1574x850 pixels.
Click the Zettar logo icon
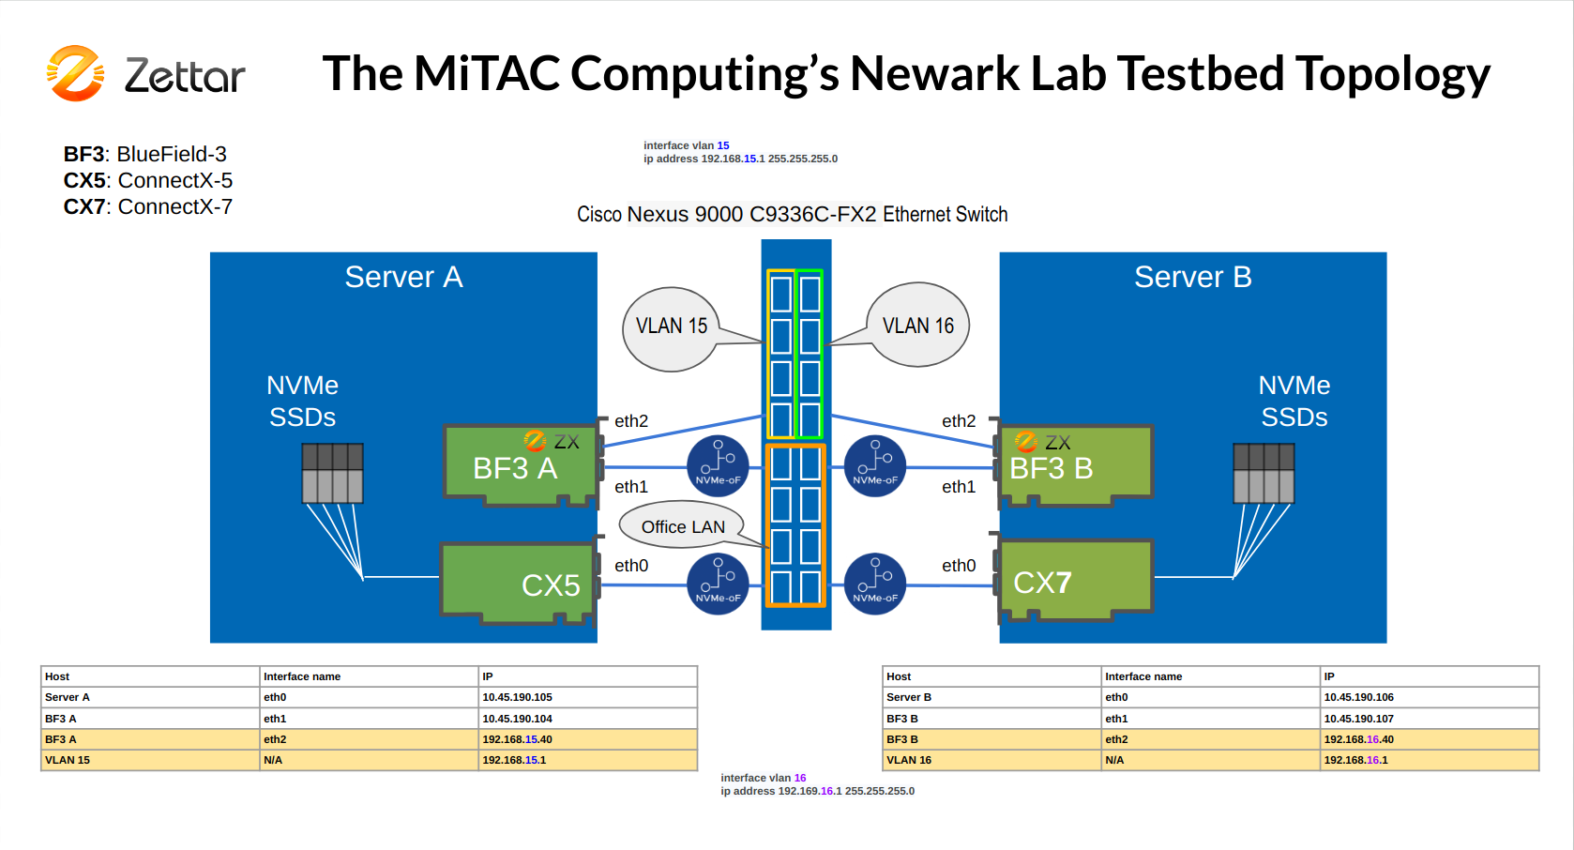click(x=75, y=73)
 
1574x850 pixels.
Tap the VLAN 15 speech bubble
click(x=671, y=329)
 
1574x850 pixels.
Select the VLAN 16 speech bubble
click(x=917, y=325)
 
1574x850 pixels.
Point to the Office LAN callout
click(x=682, y=525)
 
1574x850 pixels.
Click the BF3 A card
click(x=521, y=464)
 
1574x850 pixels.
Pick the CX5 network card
click(x=519, y=583)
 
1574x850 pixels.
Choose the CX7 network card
click(x=1075, y=581)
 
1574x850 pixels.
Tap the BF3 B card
click(x=1075, y=464)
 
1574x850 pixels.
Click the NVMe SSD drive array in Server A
click(x=332, y=473)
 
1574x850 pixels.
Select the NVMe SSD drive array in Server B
click(x=1264, y=473)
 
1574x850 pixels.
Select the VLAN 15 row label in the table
click(x=68, y=760)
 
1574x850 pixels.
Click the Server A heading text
click(x=403, y=277)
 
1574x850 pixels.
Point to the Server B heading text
click(x=1192, y=277)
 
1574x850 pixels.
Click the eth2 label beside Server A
click(x=631, y=421)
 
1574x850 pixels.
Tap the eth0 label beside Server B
click(x=959, y=566)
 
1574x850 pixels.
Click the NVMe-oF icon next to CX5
click(x=718, y=584)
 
